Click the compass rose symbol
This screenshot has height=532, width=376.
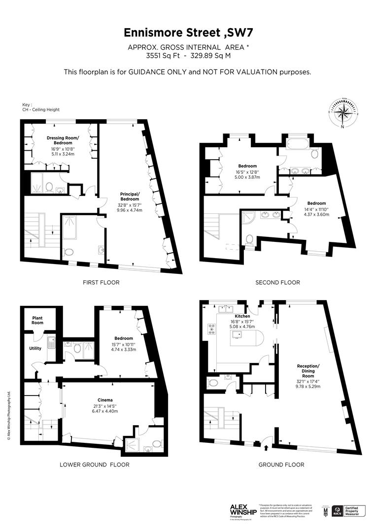click(342, 112)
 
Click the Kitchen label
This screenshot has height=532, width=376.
click(242, 316)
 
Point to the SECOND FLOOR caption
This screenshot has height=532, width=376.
click(277, 282)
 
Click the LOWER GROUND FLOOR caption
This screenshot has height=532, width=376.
click(94, 465)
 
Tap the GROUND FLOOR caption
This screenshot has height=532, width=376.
click(281, 465)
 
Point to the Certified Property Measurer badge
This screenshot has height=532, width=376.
click(348, 511)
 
